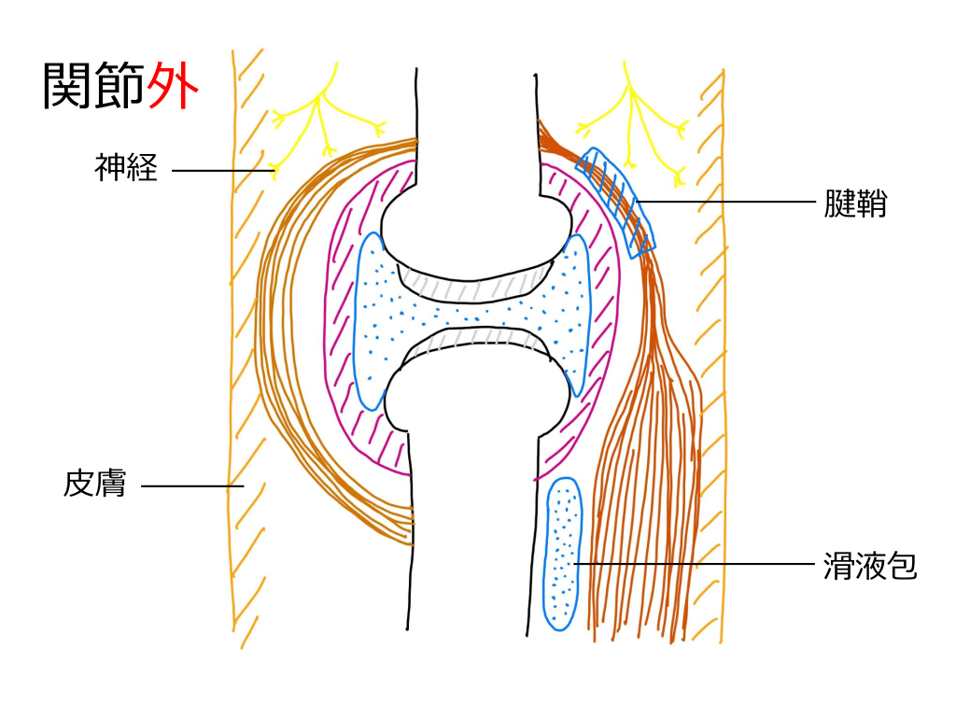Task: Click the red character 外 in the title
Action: point(174,87)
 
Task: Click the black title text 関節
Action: point(94,87)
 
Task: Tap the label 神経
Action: point(126,168)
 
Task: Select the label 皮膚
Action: point(94,485)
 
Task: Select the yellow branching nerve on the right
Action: point(635,121)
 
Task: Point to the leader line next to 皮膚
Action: point(187,485)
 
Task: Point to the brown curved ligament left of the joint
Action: point(280,373)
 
